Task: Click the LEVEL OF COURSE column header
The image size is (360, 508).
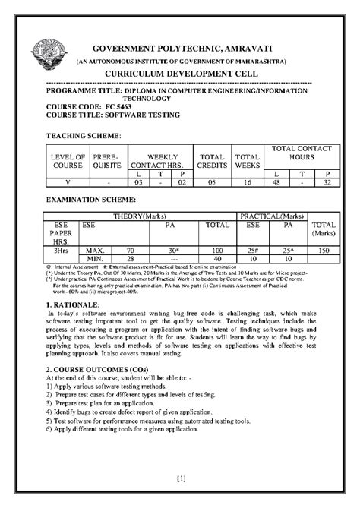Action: coord(67,159)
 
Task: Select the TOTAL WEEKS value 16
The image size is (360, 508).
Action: coord(248,182)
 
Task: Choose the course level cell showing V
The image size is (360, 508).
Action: coord(67,182)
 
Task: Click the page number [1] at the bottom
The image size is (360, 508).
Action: coord(180,478)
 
